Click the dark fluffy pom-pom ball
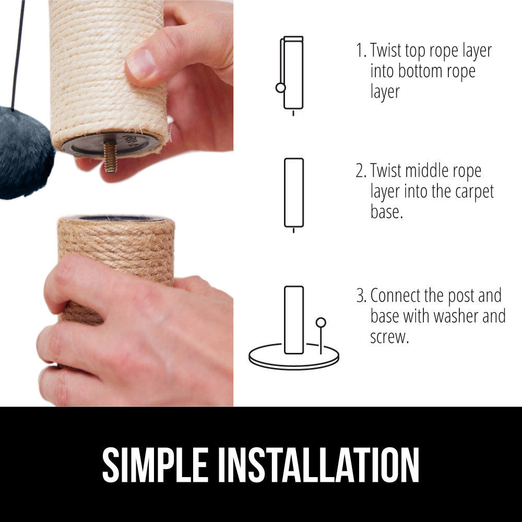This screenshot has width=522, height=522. coord(25,152)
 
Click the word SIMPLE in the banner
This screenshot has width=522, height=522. coord(156,465)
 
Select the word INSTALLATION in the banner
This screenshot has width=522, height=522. coord(318,465)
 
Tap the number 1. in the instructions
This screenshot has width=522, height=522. coord(361,50)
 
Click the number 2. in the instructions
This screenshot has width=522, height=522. coord(361,171)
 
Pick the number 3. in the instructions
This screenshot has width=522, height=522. coord(361,295)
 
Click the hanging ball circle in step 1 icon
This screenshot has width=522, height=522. coord(281,88)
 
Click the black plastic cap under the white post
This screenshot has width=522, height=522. coord(110,145)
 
